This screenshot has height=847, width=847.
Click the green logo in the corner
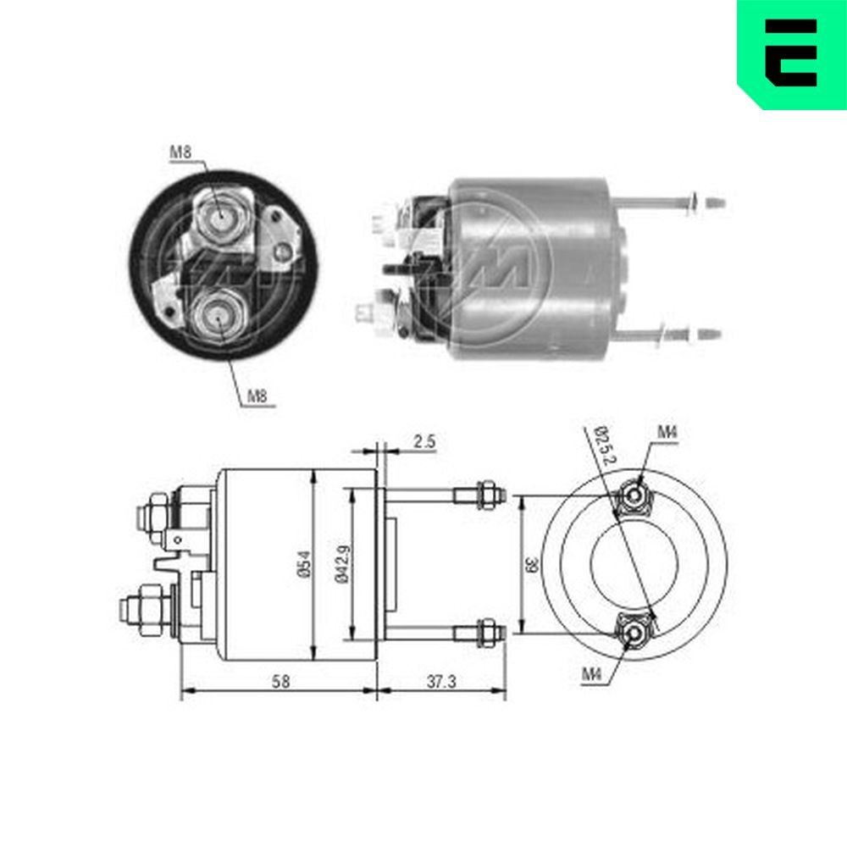tap(793, 53)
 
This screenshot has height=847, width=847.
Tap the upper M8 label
tap(180, 152)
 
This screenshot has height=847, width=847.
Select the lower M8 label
tap(258, 396)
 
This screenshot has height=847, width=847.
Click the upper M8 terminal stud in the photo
tap(219, 219)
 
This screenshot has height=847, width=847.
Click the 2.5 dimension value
tap(424, 441)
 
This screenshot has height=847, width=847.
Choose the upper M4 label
tap(667, 433)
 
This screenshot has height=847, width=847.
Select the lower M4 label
tap(591, 674)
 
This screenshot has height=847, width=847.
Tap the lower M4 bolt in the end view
tap(634, 633)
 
